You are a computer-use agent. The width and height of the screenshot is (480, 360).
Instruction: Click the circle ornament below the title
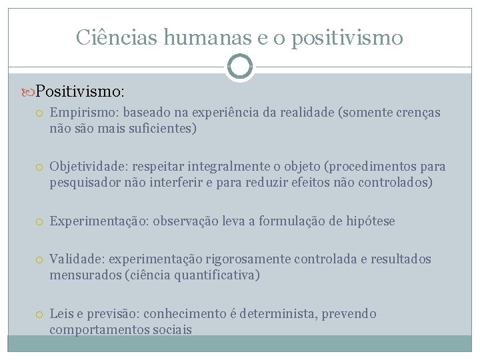[240, 67]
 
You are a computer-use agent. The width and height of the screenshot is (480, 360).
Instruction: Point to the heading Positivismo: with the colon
[80, 89]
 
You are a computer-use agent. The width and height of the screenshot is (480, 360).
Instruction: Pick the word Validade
[75, 259]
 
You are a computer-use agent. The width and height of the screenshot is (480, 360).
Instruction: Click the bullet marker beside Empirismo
[41, 113]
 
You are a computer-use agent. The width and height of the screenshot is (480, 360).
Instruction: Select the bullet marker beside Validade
[41, 259]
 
